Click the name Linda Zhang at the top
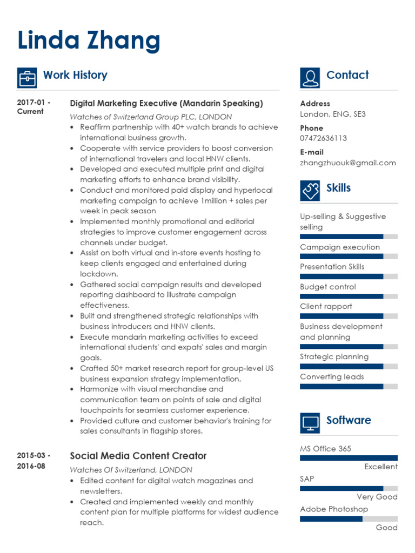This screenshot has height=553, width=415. coord(89,41)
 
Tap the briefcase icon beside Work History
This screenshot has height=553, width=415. coord(27,78)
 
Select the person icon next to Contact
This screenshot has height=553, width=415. coord(310,78)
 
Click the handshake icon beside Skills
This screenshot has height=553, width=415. coord(310,191)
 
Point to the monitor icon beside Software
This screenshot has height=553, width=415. coord(310,423)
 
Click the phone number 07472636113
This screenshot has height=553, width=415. coord(323,138)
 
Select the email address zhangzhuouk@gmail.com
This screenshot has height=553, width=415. coord(347,163)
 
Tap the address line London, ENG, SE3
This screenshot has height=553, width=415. coord(332,114)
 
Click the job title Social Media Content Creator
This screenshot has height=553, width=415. coord(138,456)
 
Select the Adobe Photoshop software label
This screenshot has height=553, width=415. coord(333,509)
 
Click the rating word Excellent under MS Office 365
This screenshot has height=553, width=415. coord(380,467)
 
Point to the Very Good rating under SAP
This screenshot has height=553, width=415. coord(377,497)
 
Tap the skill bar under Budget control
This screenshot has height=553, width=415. coord(349,296)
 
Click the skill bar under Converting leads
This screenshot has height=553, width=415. coord(349,386)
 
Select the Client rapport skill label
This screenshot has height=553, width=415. coord(326,306)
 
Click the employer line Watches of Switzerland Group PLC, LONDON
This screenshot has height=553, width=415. coord(151,117)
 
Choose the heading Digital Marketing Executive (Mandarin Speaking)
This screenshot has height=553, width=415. coord(166,103)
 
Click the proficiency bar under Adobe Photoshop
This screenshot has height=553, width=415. coord(349,518)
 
